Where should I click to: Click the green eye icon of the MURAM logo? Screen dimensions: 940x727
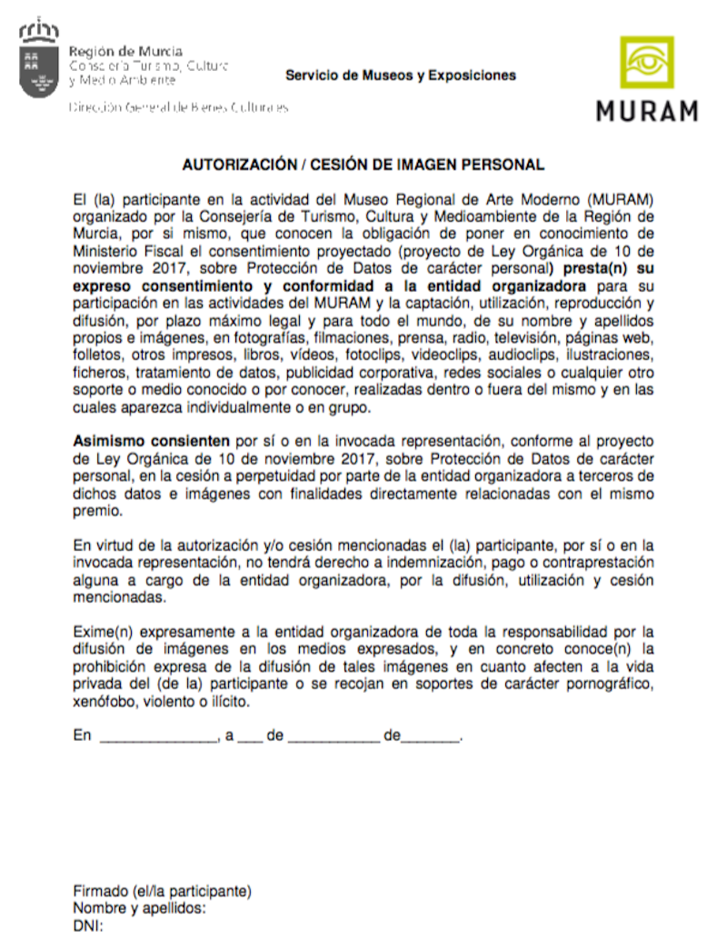tap(647, 62)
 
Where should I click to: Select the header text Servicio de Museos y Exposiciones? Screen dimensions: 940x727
tap(401, 75)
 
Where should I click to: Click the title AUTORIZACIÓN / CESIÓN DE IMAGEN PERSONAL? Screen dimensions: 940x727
tap(363, 165)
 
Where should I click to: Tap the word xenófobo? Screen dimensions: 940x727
tap(102, 703)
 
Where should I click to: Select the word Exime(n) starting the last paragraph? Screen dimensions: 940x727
tap(101, 630)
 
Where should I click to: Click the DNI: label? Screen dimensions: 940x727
tap(88, 926)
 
